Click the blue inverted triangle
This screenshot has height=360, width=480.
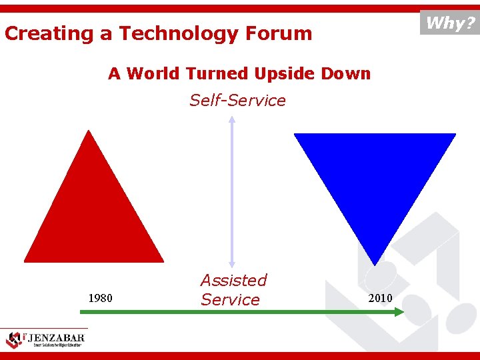[375, 173]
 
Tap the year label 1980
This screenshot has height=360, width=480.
[100, 297]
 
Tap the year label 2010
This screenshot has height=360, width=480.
[380, 297]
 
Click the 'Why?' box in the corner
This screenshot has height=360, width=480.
[450, 23]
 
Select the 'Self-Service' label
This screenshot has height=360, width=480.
[237, 101]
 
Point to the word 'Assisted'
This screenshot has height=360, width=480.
[233, 280]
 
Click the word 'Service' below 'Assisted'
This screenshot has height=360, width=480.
[230, 300]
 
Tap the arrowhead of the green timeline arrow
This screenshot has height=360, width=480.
[399, 311]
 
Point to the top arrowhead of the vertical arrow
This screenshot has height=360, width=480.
[231, 120]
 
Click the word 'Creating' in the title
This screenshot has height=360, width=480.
[49, 33]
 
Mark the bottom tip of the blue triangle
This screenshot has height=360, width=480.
[376, 263]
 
